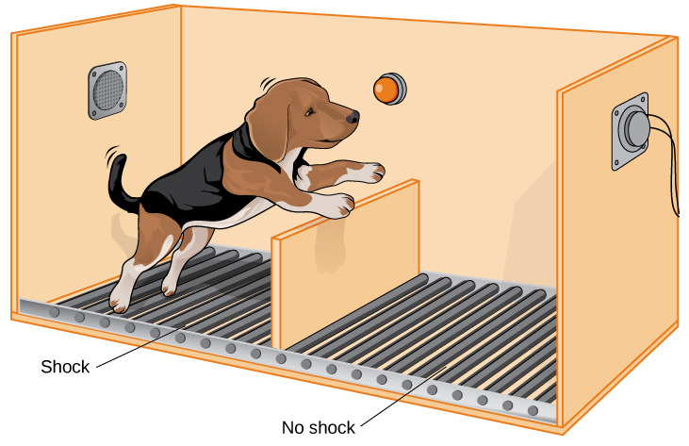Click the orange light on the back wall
390,89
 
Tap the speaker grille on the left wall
107,91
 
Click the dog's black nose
353,117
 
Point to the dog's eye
310,111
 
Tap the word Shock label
65,367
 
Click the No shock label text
319,427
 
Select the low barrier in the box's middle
346,263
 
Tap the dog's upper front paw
370,173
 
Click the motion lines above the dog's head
267,83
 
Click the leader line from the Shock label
140,345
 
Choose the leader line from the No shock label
403,396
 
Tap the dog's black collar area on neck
248,144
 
